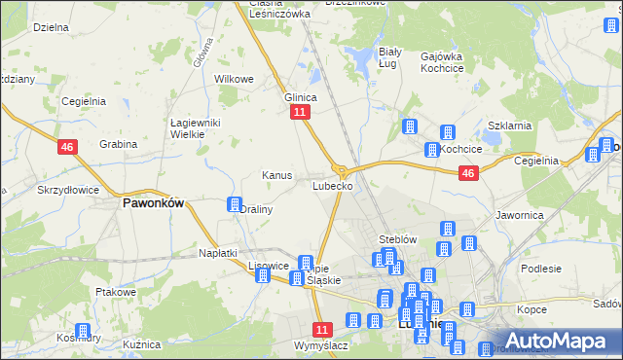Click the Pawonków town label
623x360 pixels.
point(153,205)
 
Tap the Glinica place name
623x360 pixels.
point(301,97)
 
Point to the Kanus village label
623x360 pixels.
point(277,175)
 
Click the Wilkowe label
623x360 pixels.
point(234,79)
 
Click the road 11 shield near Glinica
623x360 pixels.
point(300,113)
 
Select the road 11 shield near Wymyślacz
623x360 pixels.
point(323,330)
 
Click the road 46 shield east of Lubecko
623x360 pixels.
point(468,173)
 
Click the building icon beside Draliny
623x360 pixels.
point(235,204)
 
